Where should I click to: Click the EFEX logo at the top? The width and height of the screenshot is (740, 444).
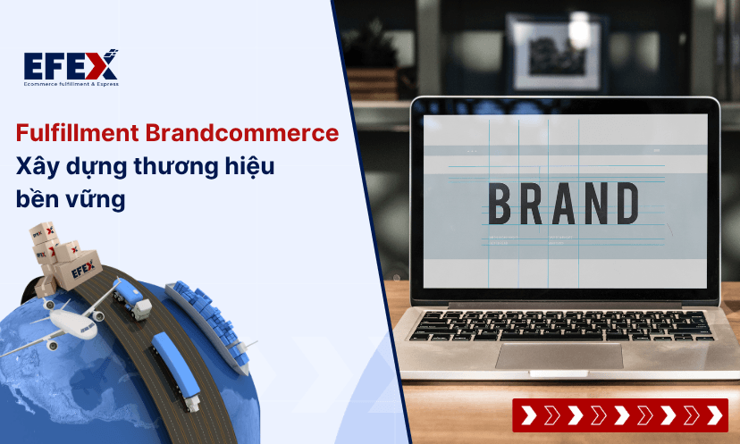(71, 68)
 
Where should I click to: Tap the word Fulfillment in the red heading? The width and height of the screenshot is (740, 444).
(78, 133)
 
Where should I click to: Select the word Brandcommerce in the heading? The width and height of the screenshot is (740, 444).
(242, 133)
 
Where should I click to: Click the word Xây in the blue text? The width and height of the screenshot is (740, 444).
(38, 167)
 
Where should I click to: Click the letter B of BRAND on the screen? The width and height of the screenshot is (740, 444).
(500, 204)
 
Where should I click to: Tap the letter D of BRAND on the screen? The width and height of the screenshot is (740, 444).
(626, 204)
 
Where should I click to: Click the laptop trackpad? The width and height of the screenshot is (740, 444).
(559, 356)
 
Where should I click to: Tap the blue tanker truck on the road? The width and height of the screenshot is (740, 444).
(131, 299)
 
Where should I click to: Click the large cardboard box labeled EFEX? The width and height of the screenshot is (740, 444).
(78, 270)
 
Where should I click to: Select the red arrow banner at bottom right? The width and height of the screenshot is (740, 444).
(620, 415)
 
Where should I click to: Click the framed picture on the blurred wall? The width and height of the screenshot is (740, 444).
(557, 53)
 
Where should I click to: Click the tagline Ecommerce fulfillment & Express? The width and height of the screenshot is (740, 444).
(71, 84)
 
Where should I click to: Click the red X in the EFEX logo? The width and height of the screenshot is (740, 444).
(102, 64)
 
